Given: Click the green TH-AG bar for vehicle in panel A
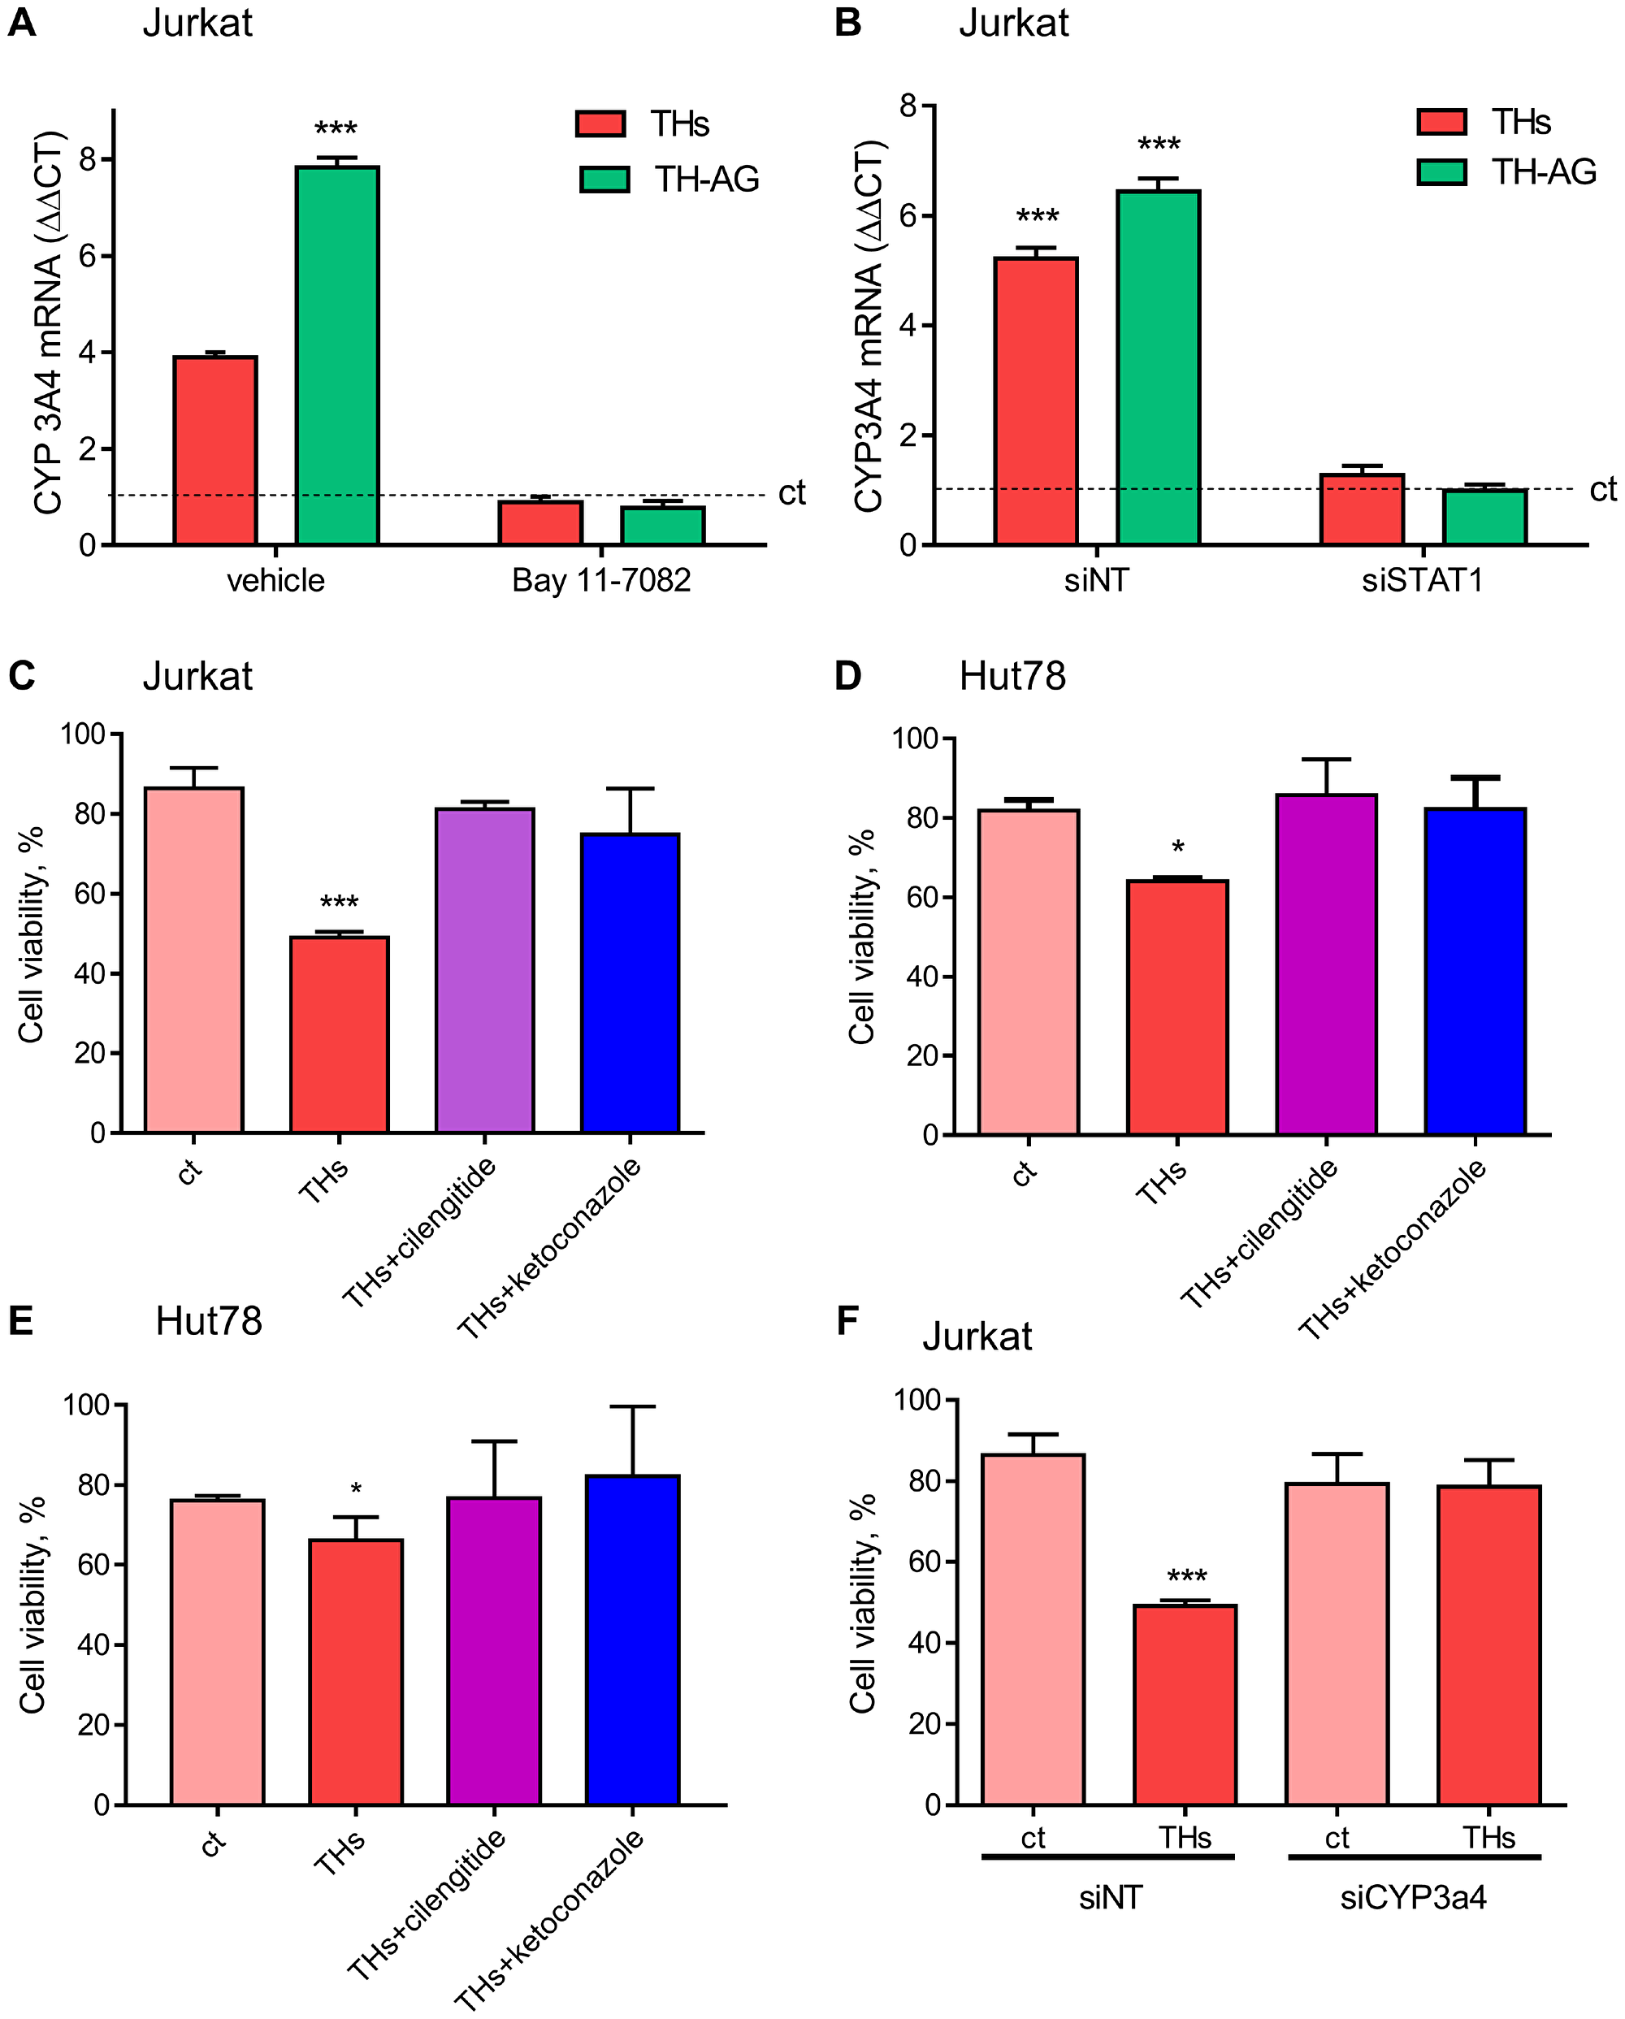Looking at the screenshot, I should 337,356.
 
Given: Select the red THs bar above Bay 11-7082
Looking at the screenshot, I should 540,522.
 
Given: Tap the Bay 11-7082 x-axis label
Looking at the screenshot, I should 600,581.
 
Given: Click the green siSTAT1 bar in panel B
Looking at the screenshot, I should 1484,517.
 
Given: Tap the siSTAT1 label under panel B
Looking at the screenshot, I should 1422,581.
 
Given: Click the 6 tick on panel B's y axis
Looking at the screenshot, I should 908,216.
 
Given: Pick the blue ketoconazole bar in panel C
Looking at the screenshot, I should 630,982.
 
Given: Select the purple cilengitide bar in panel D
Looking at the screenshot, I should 1325,964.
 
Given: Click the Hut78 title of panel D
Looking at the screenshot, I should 1012,676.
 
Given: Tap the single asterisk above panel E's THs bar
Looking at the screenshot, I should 356,1489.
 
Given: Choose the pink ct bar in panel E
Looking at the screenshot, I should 217,1652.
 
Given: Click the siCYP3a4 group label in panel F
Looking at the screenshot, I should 1412,1898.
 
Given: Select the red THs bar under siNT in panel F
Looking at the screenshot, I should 1184,1705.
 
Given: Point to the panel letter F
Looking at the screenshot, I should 847,1321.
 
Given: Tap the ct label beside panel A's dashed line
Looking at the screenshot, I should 791,493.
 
